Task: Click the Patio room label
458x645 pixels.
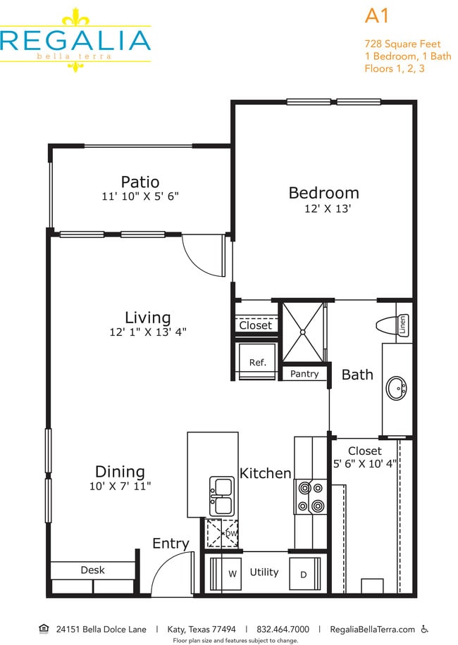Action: click(140, 182)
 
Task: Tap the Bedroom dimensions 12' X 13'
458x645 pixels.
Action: click(323, 208)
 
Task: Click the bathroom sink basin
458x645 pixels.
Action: click(397, 386)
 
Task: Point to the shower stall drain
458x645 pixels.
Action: click(304, 331)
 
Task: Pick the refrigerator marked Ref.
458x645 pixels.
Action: click(258, 363)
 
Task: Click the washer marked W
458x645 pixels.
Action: click(232, 574)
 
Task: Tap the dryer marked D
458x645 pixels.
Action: click(304, 574)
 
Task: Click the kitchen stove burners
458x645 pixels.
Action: click(311, 496)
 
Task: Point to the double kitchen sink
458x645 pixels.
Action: click(222, 496)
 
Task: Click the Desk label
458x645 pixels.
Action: click(92, 570)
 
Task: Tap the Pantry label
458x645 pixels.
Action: click(304, 374)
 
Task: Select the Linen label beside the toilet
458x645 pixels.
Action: click(404, 325)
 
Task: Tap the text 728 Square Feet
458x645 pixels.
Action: click(402, 43)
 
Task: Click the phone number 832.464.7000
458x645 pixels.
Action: click(283, 629)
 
